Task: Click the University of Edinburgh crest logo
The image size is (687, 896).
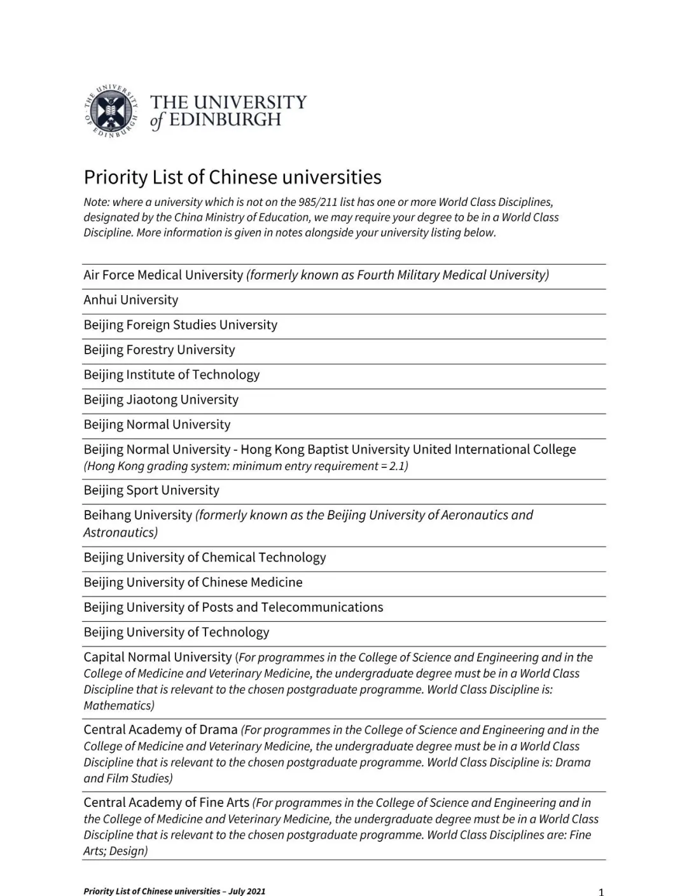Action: pyautogui.click(x=111, y=111)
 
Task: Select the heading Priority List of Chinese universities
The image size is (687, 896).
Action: pyautogui.click(x=232, y=177)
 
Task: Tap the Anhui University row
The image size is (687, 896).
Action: pyautogui.click(x=130, y=300)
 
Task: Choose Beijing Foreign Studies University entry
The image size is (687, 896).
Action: pyautogui.click(x=180, y=325)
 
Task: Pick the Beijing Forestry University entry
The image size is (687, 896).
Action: pyautogui.click(x=159, y=350)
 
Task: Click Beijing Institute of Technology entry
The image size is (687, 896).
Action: pyautogui.click(x=171, y=375)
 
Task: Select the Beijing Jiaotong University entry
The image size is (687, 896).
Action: pyautogui.click(x=161, y=399)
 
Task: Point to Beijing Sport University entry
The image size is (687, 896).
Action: pyautogui.click(x=151, y=490)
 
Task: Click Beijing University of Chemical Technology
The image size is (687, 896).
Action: pyautogui.click(x=204, y=558)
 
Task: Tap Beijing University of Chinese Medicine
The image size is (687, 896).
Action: pyautogui.click(x=193, y=582)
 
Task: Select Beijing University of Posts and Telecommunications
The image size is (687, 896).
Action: pyautogui.click(x=233, y=607)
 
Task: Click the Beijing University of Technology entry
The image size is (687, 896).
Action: pyautogui.click(x=176, y=632)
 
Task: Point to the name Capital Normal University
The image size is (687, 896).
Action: pyautogui.click(x=157, y=657)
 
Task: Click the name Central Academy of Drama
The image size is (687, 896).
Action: pyautogui.click(x=160, y=729)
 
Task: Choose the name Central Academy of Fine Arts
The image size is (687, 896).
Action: pyautogui.click(x=166, y=803)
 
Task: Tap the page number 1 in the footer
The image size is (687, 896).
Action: pyautogui.click(x=601, y=892)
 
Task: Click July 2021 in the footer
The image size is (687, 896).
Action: pyautogui.click(x=247, y=891)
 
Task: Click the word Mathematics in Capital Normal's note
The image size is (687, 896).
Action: pyautogui.click(x=117, y=705)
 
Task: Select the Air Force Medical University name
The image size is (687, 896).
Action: pyautogui.click(x=163, y=275)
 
